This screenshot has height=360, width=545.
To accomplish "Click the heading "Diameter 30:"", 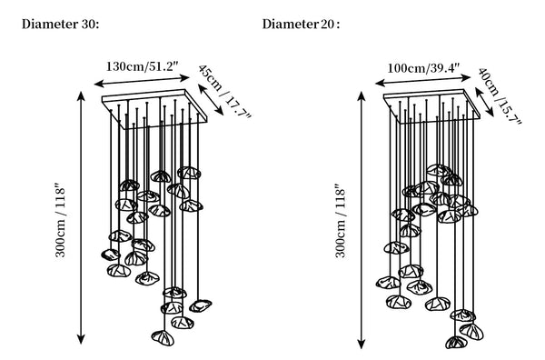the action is [x=61, y=25].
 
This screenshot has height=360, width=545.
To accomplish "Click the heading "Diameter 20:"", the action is [x=301, y=25].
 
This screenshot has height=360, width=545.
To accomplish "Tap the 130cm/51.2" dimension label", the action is [x=143, y=66].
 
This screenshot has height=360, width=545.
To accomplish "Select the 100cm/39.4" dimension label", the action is [x=423, y=67].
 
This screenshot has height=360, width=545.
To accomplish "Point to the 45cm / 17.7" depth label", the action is [x=224, y=91].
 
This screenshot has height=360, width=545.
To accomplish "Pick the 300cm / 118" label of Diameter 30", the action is [x=60, y=222].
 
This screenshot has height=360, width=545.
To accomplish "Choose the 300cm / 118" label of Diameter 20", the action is [x=341, y=223].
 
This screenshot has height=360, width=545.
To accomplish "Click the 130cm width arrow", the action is [x=143, y=81].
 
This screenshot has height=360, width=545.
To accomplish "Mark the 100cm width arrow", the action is [x=423, y=80].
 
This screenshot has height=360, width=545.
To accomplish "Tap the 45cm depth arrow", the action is [x=211, y=100].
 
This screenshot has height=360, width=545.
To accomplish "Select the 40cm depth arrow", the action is [x=484, y=102].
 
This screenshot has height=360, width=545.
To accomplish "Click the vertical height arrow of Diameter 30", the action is [x=81, y=217].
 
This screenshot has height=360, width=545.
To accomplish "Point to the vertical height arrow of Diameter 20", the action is [x=362, y=220].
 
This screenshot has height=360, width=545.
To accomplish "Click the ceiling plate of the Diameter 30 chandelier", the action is [x=154, y=109].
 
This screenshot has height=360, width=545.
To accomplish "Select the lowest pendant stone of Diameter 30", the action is [x=163, y=338].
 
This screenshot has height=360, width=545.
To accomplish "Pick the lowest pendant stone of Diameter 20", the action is [x=456, y=342].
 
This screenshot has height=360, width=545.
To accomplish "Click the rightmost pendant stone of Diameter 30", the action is [x=201, y=305].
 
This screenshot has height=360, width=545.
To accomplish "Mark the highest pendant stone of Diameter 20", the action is [x=439, y=170].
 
